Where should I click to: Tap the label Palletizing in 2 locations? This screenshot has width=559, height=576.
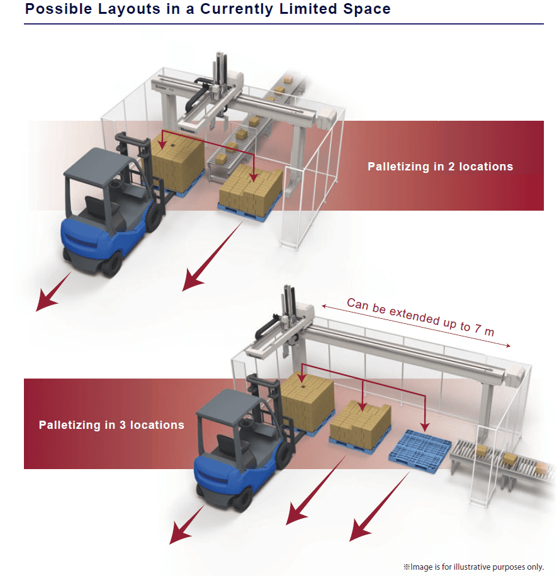[440, 167]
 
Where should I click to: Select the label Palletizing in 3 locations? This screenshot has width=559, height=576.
[111, 425]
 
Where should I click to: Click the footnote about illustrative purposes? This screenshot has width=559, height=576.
[473, 567]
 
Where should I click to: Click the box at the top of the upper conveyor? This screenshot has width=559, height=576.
[288, 79]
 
